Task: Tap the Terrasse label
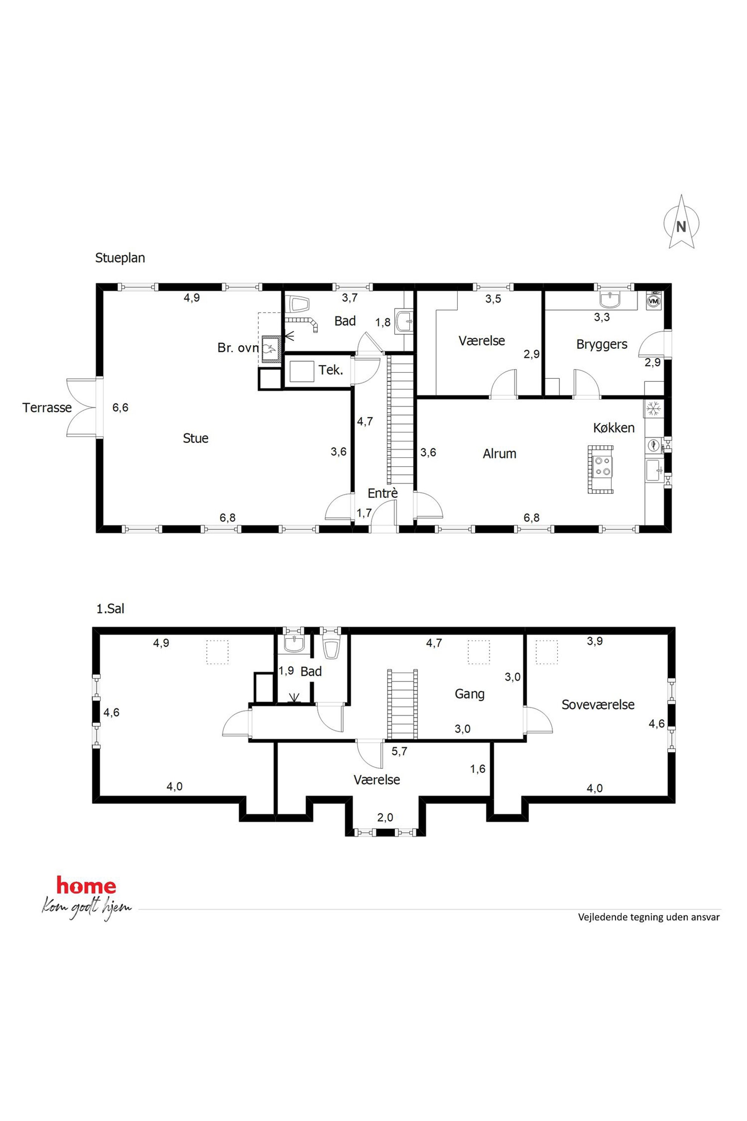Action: [47, 408]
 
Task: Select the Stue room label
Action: [196, 438]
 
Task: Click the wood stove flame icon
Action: [269, 348]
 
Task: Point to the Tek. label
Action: [331, 370]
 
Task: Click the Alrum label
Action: [499, 453]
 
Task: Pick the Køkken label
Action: [614, 428]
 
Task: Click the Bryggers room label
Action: [602, 345]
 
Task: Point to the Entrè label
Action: [383, 493]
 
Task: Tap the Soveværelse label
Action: [598, 704]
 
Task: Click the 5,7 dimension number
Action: [399, 751]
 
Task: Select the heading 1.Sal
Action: [111, 609]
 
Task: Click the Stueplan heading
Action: [120, 258]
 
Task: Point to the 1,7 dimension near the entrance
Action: [364, 513]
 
